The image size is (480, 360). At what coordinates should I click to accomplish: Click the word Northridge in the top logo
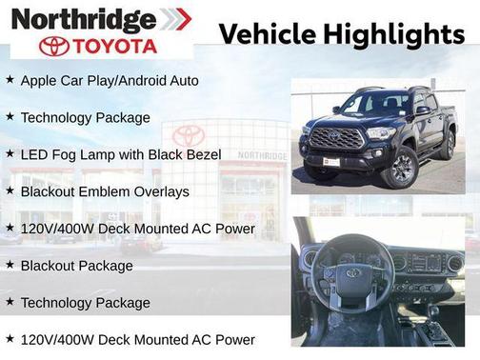pyautogui.click(x=84, y=18)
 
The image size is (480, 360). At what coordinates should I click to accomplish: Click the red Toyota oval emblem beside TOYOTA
pyautogui.click(x=54, y=47)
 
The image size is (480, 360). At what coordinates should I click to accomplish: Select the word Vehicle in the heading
pyautogui.click(x=268, y=33)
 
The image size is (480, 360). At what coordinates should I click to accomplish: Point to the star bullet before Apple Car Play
pyautogui.click(x=10, y=80)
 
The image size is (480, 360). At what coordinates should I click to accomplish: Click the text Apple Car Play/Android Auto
pyautogui.click(x=110, y=81)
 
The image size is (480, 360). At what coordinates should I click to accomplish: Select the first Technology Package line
pyautogui.click(x=85, y=118)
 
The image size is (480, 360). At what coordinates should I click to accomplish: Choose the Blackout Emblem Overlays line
pyautogui.click(x=105, y=191)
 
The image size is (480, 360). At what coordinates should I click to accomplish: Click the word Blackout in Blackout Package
pyautogui.click(x=50, y=266)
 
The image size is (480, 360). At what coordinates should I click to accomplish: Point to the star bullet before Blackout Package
pyautogui.click(x=10, y=265)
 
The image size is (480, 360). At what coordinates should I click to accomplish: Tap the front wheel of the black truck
pyautogui.click(x=401, y=168)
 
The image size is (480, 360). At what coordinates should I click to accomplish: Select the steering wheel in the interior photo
pyautogui.click(x=352, y=275)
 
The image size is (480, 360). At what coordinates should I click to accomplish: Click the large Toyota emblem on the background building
pyautogui.click(x=189, y=136)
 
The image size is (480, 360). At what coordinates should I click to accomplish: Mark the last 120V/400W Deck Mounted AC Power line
pyautogui.click(x=137, y=340)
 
